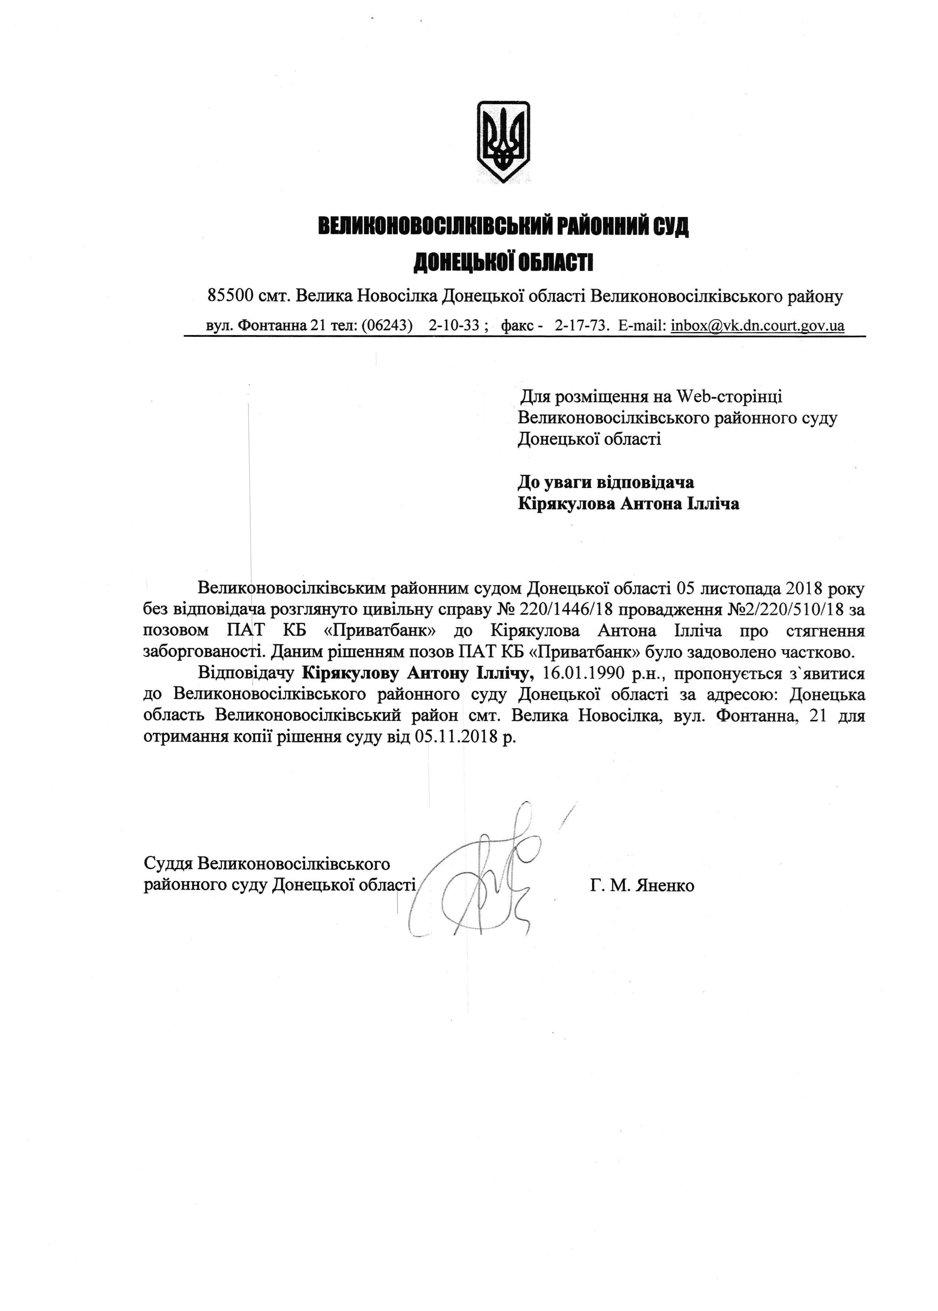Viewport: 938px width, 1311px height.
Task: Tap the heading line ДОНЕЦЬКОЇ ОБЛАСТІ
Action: pyautogui.click(x=503, y=263)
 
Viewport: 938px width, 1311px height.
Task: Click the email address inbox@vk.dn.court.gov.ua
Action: pyautogui.click(x=757, y=325)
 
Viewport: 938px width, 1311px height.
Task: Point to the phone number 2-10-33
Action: pyautogui.click(x=454, y=325)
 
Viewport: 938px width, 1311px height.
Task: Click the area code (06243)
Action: pyautogui.click(x=386, y=325)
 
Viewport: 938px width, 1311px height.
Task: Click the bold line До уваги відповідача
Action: pyautogui.click(x=605, y=481)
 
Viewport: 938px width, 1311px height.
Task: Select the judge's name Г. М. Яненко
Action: pyautogui.click(x=642, y=885)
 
